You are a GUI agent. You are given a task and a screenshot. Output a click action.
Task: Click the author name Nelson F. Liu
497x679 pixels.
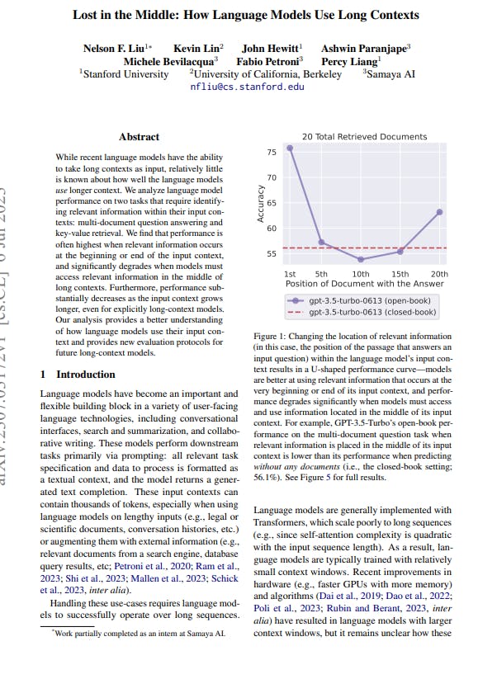(x=114, y=49)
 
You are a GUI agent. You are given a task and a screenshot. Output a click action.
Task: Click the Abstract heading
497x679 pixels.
(x=139, y=137)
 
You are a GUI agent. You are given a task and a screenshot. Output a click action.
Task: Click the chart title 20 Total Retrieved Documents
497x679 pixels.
(x=364, y=137)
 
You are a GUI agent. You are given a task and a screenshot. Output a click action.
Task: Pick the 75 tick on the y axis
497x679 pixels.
(x=272, y=153)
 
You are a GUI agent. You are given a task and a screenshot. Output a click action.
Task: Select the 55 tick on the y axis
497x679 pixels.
(x=272, y=254)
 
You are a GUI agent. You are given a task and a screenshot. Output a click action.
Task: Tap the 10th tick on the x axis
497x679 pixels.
(x=361, y=274)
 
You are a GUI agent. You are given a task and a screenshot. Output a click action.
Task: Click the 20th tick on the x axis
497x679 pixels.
(x=439, y=274)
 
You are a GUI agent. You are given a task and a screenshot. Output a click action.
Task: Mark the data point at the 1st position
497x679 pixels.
(x=290, y=148)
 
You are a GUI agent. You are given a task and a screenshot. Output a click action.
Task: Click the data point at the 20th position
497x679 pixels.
(x=439, y=212)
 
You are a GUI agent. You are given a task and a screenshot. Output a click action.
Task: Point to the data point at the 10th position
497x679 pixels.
(x=361, y=259)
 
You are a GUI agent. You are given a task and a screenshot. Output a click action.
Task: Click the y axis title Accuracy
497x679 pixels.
(x=260, y=203)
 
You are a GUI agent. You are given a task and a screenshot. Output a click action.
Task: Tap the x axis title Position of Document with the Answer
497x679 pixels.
(x=364, y=284)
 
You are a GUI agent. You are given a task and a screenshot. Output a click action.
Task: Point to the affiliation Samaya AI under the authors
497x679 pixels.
(x=395, y=73)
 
